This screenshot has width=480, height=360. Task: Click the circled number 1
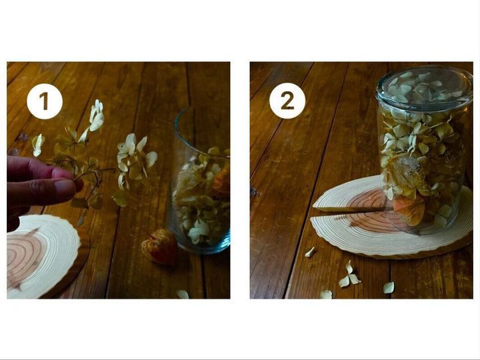pos(45,101)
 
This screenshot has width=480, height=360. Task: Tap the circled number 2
pos(287,101)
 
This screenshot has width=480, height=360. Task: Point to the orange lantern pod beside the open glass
pos(160,247)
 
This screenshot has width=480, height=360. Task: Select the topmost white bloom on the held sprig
pos(97,115)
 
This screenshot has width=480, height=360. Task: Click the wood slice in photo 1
pos(43,257)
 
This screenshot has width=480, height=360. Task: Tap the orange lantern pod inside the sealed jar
pos(409,210)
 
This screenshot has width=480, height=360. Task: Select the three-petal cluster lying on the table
pos(349,275)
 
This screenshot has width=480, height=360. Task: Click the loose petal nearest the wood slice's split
pos(310,252)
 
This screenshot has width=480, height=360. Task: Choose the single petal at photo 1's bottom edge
pos(183,294)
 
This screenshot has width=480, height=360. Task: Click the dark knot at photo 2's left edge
pos(254,192)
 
